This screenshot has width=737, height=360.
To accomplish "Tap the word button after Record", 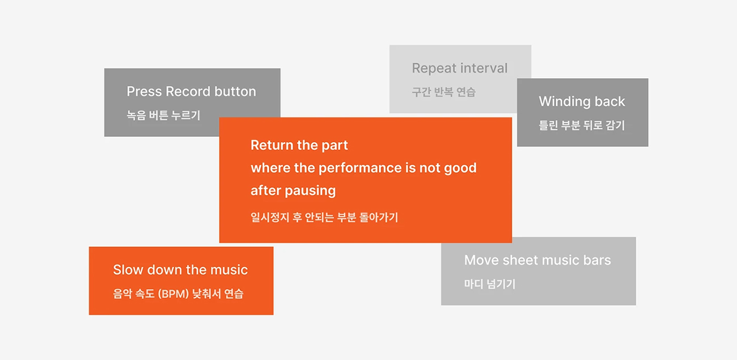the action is [x=235, y=91].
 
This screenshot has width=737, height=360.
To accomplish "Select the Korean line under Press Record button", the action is [x=163, y=115].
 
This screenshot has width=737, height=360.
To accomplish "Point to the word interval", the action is [x=484, y=68].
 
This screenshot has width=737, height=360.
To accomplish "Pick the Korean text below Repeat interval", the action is [x=443, y=92].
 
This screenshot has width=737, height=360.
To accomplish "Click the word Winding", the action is [x=562, y=102].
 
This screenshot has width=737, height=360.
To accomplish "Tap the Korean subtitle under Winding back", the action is [x=581, y=125].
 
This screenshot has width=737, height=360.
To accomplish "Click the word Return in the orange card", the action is [x=272, y=145].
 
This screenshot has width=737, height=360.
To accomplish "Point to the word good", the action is [x=460, y=168].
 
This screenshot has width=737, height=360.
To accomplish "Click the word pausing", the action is [x=310, y=191].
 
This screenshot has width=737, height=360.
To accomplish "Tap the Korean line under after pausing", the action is [x=324, y=217].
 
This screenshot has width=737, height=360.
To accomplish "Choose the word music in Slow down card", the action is [x=229, y=270].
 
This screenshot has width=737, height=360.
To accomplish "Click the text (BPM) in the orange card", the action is [x=173, y=294].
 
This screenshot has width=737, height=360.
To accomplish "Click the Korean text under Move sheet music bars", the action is [x=490, y=283].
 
